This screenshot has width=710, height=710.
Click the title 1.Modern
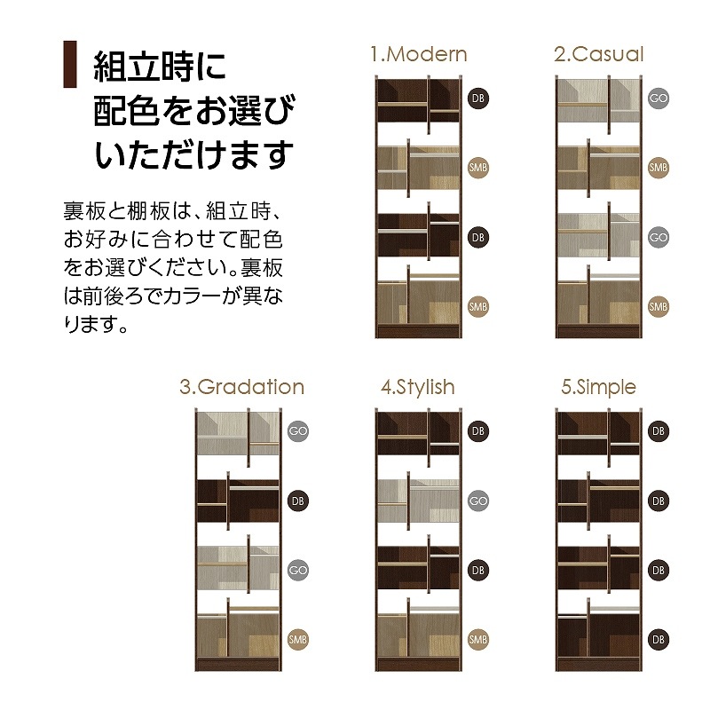pyautogui.click(x=418, y=54)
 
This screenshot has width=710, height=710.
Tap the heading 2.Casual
pyautogui.click(x=598, y=54)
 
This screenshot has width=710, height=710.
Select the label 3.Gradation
pyautogui.click(x=241, y=387)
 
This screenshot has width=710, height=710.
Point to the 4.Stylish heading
pyautogui.click(x=417, y=387)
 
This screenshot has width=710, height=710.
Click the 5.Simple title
pyautogui.click(x=598, y=387)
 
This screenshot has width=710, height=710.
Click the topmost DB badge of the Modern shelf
pyautogui.click(x=478, y=98)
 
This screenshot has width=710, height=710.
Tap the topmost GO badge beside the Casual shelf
pyautogui.click(x=658, y=98)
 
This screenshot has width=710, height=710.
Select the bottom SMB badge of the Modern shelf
pyautogui.click(x=478, y=306)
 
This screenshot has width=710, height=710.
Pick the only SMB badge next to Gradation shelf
pyautogui.click(x=298, y=639)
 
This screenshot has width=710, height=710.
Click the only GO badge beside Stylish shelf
pyautogui.click(x=478, y=501)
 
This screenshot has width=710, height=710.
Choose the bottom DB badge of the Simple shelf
pyautogui.click(x=658, y=639)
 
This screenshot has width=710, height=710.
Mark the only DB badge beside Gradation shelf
pyautogui.click(x=298, y=501)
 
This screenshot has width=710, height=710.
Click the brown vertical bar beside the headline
pyautogui.click(x=67, y=65)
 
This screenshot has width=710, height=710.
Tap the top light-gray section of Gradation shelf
pyautogui.click(x=237, y=434)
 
